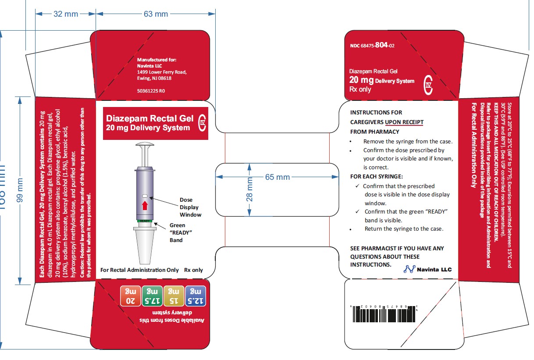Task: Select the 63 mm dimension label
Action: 156,14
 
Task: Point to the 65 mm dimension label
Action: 277,177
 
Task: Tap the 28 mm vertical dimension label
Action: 249,189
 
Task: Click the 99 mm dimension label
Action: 19,190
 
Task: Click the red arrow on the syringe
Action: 145,206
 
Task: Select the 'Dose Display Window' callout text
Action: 190,207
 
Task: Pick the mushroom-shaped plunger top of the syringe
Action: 144,145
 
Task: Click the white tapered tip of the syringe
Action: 145,246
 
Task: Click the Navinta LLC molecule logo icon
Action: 409,269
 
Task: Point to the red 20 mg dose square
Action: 131,296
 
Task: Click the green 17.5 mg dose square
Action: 152,296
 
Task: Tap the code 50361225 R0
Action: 151,91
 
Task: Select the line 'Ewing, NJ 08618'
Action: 154,78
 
